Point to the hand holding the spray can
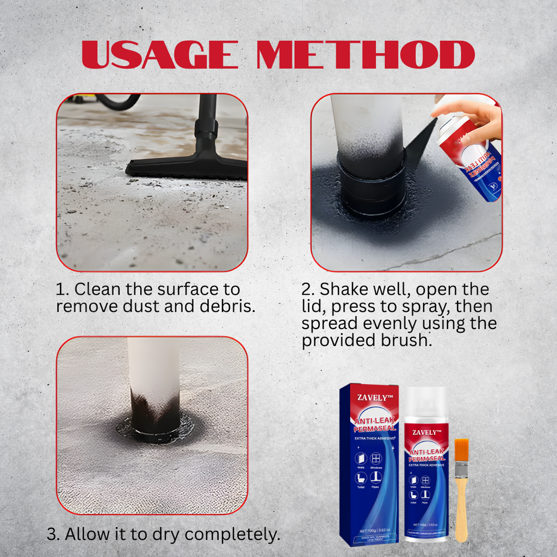(x=473, y=117)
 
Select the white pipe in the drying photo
(x=153, y=370)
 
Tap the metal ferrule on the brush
(x=461, y=468)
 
